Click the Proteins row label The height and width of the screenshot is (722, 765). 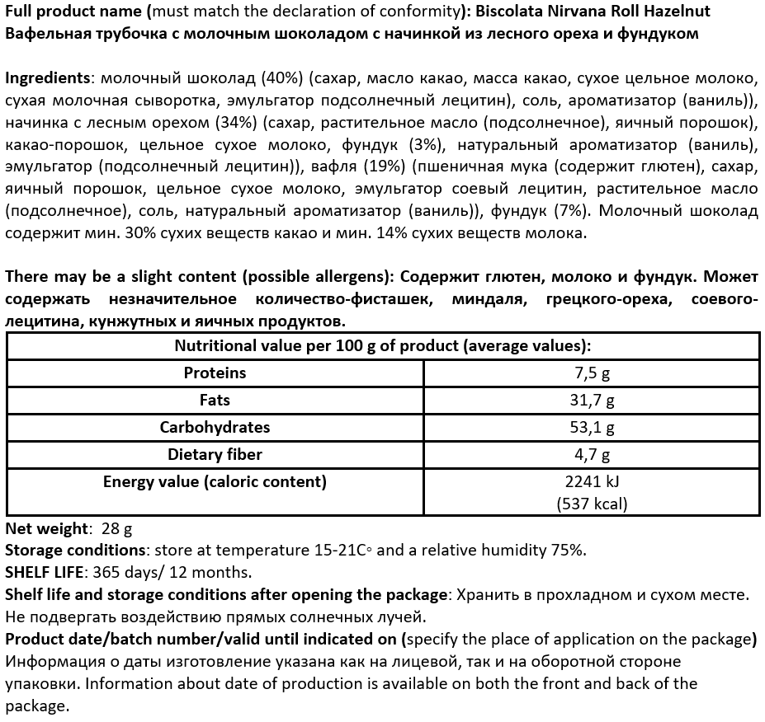pos(215,373)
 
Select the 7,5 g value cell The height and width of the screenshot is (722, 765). pos(592,373)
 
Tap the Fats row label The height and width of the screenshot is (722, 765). pos(215,400)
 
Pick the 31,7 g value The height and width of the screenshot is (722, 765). pos(592,401)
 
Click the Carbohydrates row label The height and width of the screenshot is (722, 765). pos(215,427)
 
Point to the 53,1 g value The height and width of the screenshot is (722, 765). pos(592,428)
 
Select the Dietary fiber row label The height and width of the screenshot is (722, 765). pos(215,454)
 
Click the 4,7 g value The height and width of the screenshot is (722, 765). pos(592,455)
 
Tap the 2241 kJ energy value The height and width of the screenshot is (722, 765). pos(592,483)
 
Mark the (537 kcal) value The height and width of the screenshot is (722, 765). pos(592,504)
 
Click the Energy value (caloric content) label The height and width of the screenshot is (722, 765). pos(215,482)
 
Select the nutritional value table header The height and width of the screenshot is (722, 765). pos(382,346)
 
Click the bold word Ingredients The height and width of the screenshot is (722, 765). pos(47,78)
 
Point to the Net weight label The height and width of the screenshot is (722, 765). pos(46,528)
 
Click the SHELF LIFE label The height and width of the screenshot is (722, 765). pos(41,572)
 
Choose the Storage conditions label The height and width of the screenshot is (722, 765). pos(75,550)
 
